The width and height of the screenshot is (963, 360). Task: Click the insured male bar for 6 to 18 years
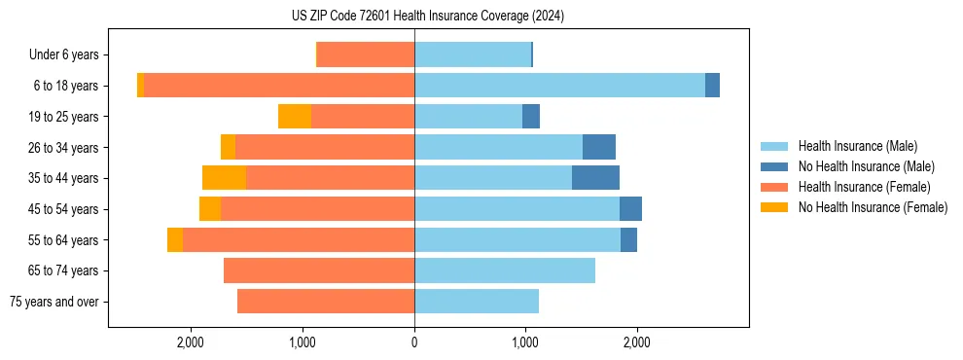click(559, 86)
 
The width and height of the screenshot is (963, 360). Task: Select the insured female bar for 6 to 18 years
click(279, 86)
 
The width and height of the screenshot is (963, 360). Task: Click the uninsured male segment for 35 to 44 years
click(595, 178)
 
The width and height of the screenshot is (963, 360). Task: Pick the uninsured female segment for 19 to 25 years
click(295, 117)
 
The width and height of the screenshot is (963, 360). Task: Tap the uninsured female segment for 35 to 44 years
click(224, 178)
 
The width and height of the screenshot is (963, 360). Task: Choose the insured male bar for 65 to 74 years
click(505, 270)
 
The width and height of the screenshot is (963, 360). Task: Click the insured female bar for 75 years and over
click(326, 302)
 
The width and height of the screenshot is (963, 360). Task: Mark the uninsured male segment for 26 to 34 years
click(599, 147)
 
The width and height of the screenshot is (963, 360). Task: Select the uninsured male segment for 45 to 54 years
click(630, 209)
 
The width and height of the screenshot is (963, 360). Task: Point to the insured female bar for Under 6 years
click(366, 54)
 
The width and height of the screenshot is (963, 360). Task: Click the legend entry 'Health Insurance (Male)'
click(857, 146)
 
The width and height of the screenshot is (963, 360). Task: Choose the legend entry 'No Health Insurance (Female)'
click(873, 207)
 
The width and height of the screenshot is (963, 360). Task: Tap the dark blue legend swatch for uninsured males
click(775, 166)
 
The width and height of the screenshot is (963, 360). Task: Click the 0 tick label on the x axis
click(414, 342)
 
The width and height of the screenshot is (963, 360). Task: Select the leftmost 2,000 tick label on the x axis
click(190, 342)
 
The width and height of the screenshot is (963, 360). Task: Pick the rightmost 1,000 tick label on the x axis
click(525, 342)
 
